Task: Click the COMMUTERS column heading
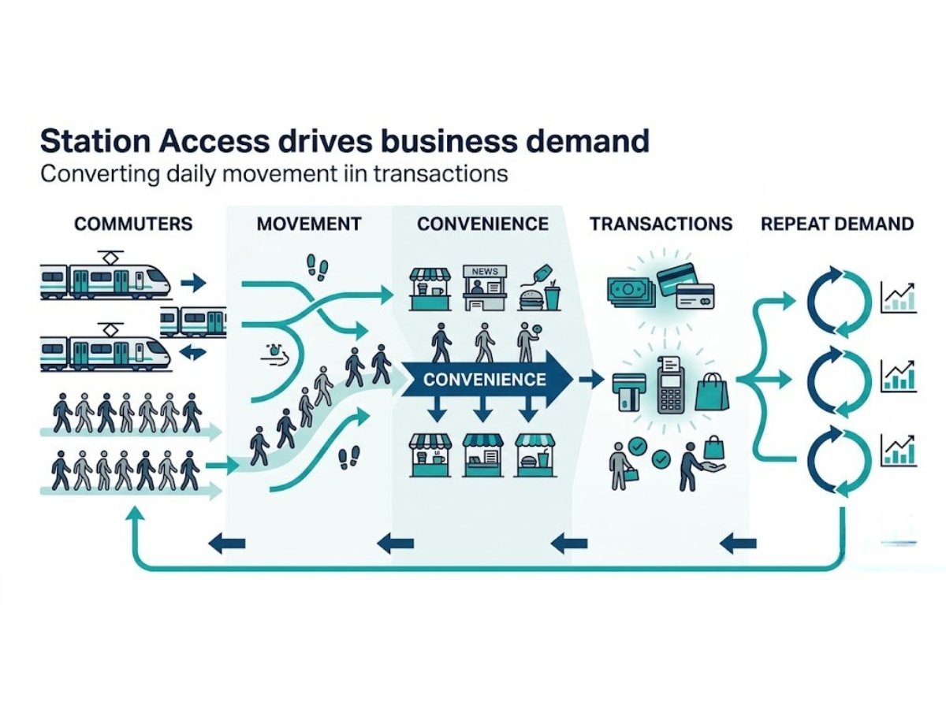click(x=132, y=224)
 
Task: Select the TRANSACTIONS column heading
click(x=661, y=224)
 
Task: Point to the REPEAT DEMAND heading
click(x=837, y=224)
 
